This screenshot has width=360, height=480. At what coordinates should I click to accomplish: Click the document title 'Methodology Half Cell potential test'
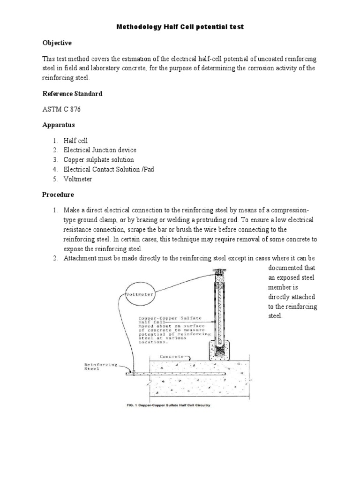click(180, 27)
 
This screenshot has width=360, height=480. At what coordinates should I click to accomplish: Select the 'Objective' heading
click(57, 43)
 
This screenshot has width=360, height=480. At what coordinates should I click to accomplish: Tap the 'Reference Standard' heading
click(72, 94)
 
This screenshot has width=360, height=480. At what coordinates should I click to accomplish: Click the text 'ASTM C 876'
click(62, 110)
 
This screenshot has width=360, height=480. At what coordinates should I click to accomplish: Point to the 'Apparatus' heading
click(59, 126)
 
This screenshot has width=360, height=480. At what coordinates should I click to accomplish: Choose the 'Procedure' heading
click(59, 194)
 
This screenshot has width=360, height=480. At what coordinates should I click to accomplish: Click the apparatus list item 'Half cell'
click(75, 141)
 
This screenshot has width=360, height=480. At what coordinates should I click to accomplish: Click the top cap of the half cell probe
click(218, 271)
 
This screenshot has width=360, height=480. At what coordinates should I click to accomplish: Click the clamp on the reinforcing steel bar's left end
click(134, 373)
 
